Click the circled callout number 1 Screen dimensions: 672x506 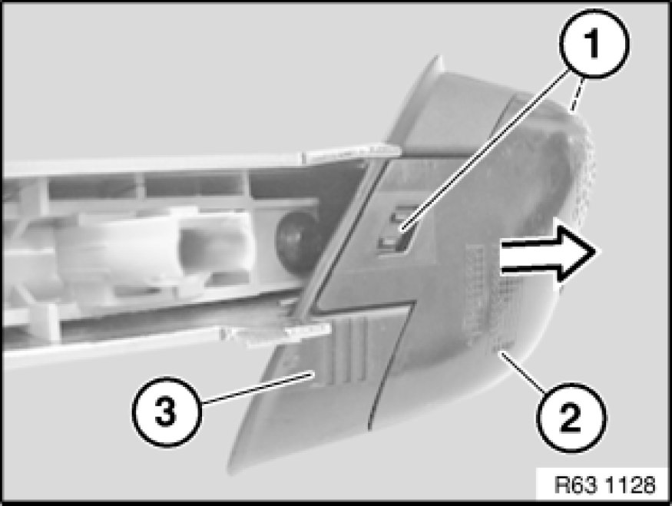coord(594,45)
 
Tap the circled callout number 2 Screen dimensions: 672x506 coord(571,417)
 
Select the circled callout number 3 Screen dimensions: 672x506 coord(166,412)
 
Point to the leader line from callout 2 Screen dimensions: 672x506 coord(523,371)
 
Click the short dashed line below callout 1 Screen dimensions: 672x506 coord(576,94)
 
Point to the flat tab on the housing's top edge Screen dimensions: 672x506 coord(352,154)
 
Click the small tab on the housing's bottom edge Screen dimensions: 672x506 coord(276,333)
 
